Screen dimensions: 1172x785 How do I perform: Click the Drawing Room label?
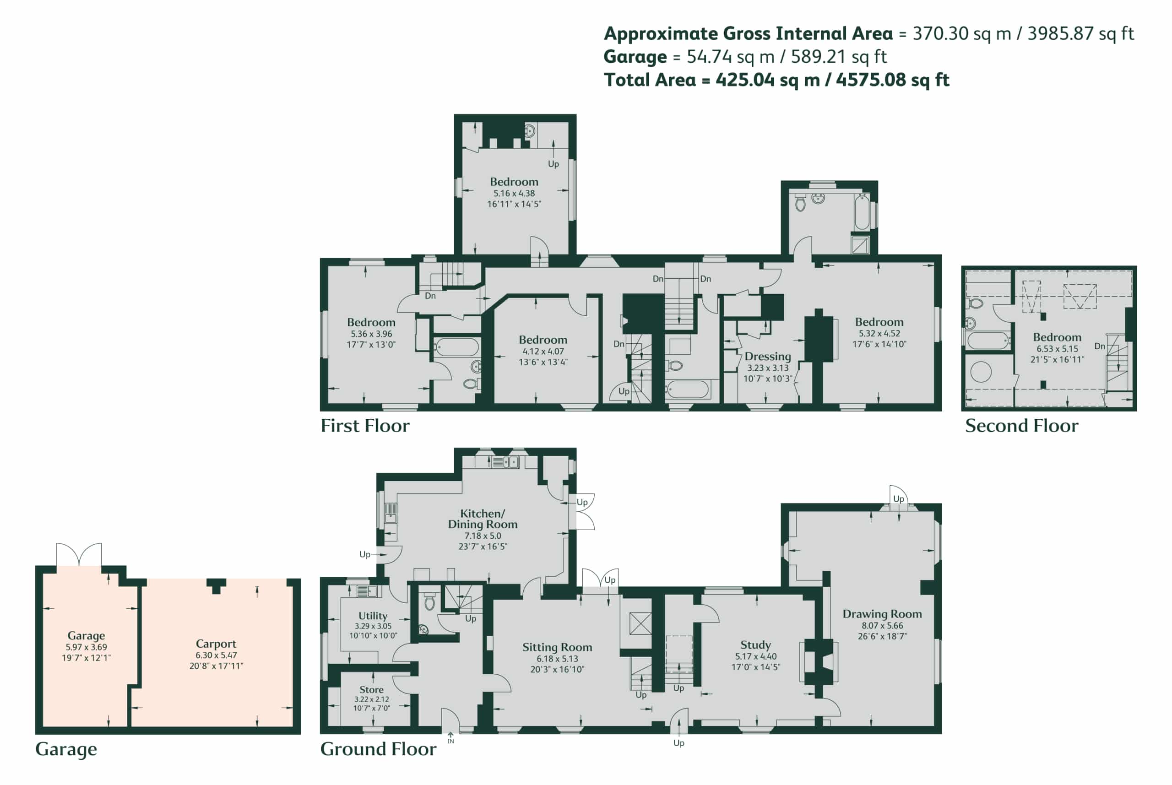(x=882, y=614)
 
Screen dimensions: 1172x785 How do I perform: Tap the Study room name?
(x=755, y=645)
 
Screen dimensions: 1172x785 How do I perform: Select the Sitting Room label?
(x=557, y=647)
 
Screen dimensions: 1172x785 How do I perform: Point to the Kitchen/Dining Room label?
(x=483, y=519)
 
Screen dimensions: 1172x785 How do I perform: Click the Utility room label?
(x=373, y=616)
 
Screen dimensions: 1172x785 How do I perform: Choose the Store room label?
(x=371, y=689)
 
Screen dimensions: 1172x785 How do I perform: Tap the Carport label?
(x=216, y=644)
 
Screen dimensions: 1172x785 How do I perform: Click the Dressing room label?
(x=767, y=357)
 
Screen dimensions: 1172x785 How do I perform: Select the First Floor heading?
(x=364, y=426)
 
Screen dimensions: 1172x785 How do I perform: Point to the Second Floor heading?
(x=1021, y=426)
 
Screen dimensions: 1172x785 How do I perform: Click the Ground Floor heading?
(x=378, y=749)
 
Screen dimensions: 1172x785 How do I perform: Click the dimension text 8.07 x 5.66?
(x=882, y=626)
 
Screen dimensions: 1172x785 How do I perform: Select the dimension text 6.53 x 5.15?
(x=1057, y=349)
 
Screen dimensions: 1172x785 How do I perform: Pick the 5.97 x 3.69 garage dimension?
(x=86, y=647)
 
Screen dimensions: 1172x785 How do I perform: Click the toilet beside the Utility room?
(x=429, y=603)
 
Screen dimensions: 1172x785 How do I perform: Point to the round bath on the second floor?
(x=981, y=372)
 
